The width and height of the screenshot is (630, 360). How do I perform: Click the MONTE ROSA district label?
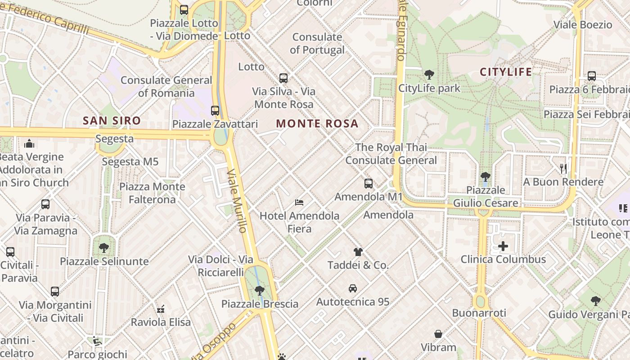click(317, 124)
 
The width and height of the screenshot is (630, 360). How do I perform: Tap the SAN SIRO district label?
click(112, 121)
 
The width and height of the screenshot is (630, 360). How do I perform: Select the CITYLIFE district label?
click(506, 72)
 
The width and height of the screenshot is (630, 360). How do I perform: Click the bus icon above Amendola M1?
click(368, 184)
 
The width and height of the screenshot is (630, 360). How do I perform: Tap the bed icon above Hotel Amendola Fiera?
click(299, 202)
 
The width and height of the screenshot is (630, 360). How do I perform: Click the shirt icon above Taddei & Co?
click(358, 252)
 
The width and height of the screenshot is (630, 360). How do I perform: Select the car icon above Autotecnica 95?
click(353, 288)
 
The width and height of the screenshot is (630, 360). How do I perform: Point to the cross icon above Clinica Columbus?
click(503, 246)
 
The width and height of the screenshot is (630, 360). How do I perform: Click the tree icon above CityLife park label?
click(429, 75)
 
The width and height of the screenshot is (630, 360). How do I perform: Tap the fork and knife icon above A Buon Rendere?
click(563, 169)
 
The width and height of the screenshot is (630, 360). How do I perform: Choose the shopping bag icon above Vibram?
click(438, 334)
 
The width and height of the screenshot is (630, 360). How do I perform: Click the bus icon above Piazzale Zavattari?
click(215, 111)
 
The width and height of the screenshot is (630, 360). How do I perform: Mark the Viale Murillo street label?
click(237, 201)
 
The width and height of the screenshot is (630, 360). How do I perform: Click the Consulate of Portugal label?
click(317, 44)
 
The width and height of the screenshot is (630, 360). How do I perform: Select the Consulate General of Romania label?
click(166, 87)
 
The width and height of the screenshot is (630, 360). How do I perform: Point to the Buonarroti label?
click(479, 313)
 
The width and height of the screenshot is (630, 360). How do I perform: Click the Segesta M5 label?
click(130, 162)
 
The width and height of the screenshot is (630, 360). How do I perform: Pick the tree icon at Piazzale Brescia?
click(259, 291)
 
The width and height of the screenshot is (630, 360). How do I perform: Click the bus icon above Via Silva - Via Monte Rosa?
click(283, 78)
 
